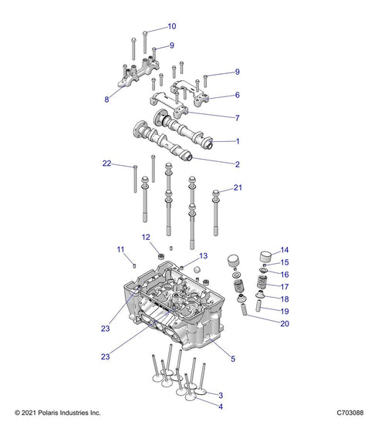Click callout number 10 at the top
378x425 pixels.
(171, 26)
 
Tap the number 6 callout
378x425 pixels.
(237, 96)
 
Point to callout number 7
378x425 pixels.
(237, 117)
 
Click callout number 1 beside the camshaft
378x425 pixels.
(237, 141)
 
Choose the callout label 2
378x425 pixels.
(237, 164)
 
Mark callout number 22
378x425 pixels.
(107, 163)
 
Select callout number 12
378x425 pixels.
(145, 237)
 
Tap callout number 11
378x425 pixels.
(120, 249)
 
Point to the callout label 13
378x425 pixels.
(204, 255)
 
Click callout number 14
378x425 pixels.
(284, 250)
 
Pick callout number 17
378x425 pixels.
(284, 286)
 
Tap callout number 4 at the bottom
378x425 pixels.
(221, 406)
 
